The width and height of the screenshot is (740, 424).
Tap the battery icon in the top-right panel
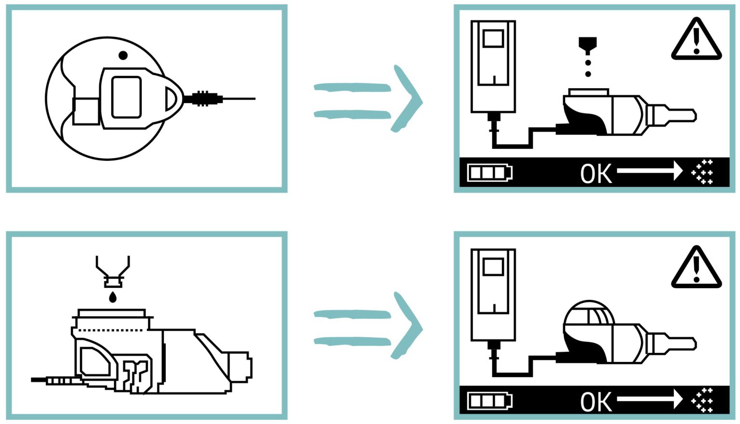489,173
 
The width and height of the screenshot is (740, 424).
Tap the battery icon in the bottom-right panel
489,401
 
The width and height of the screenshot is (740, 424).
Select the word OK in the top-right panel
596,174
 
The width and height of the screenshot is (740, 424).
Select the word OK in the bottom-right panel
596,402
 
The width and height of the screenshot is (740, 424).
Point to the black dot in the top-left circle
123,55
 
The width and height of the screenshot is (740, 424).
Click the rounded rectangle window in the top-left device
126,97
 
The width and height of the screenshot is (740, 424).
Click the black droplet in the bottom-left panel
113,297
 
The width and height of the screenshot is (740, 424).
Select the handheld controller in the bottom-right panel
493,294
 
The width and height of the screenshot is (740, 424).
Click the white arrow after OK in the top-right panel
649,171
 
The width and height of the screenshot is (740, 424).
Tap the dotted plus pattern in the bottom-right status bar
702,400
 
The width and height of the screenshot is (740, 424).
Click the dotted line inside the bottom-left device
111,330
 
